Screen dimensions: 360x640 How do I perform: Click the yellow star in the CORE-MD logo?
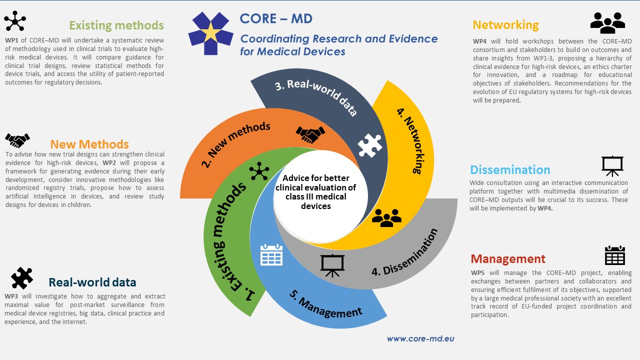click(x=211, y=33)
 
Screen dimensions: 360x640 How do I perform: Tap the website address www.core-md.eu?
click(x=420, y=338)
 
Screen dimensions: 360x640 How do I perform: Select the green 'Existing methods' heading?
click(x=116, y=25)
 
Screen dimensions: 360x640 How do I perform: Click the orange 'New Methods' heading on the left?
click(x=89, y=144)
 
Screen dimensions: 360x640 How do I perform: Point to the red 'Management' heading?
click(x=508, y=259)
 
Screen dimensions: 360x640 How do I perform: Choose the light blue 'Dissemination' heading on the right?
click(x=510, y=169)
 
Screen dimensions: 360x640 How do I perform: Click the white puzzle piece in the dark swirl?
click(x=369, y=145)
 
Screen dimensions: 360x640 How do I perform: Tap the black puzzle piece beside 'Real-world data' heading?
click(x=21, y=278)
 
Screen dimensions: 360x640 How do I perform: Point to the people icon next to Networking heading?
click(x=607, y=23)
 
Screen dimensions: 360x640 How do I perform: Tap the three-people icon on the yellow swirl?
click(x=386, y=217)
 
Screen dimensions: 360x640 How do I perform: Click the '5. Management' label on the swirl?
click(x=325, y=303)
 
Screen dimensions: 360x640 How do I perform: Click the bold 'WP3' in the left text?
click(x=11, y=296)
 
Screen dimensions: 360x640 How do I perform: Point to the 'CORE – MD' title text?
click(x=276, y=18)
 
